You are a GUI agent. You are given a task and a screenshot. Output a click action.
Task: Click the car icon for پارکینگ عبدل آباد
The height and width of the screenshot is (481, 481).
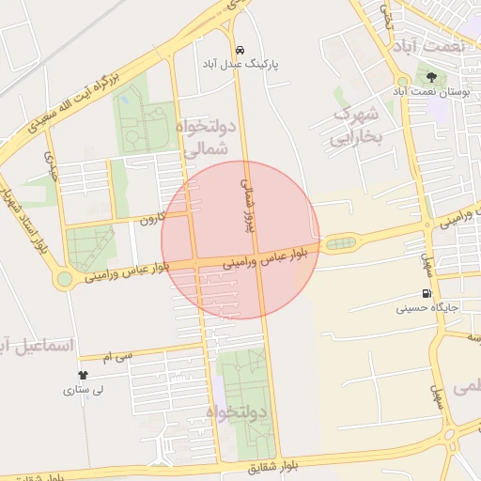[x=240, y=49]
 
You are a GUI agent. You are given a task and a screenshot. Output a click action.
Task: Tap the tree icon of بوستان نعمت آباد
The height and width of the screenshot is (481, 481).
[x=431, y=76]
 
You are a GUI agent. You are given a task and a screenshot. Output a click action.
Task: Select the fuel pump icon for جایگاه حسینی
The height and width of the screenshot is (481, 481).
[x=428, y=292]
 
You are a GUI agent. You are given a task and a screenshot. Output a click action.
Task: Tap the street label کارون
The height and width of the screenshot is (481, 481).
[x=153, y=220]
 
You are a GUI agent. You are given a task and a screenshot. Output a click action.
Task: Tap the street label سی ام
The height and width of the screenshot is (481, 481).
[x=113, y=355]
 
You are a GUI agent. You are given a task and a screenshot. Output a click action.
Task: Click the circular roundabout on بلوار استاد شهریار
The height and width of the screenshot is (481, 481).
[x=65, y=279]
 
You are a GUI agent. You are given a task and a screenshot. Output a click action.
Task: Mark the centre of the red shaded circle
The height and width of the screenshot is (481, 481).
[x=240, y=240]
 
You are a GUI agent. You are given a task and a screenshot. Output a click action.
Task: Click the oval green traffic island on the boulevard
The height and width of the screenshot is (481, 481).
[x=340, y=243]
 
